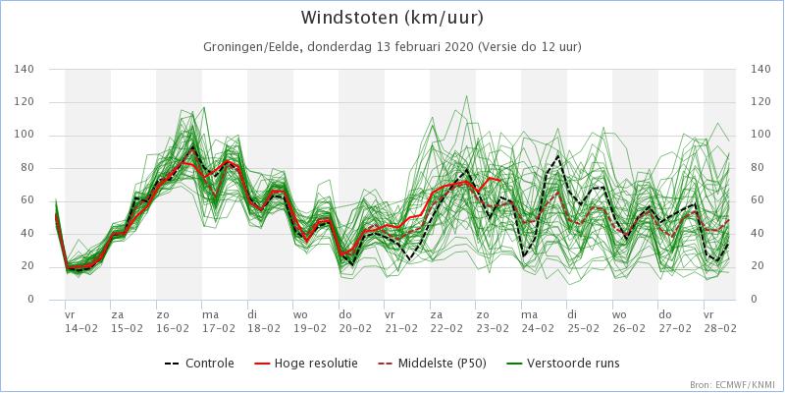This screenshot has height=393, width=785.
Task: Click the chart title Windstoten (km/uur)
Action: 392,19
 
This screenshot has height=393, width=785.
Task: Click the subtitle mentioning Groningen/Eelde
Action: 392,47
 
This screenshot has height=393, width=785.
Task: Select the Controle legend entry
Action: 200,364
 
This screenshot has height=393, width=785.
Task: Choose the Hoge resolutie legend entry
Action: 306,364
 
